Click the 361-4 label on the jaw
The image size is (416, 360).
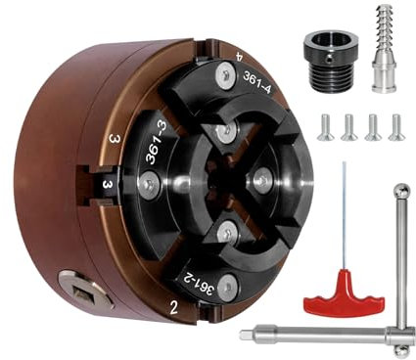pyautogui.click(x=256, y=82)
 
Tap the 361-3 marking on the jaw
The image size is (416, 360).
pyautogui.click(x=156, y=144)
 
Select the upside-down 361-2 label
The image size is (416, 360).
pyautogui.click(x=197, y=283)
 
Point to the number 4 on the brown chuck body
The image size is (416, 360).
pyautogui.click(x=239, y=57)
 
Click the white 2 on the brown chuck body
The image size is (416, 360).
pyautogui.click(x=174, y=307)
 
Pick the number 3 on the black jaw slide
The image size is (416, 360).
pyautogui.click(x=107, y=185)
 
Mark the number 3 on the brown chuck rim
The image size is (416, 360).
pyautogui.click(x=115, y=139)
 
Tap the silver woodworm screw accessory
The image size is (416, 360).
pyautogui.click(x=385, y=48)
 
